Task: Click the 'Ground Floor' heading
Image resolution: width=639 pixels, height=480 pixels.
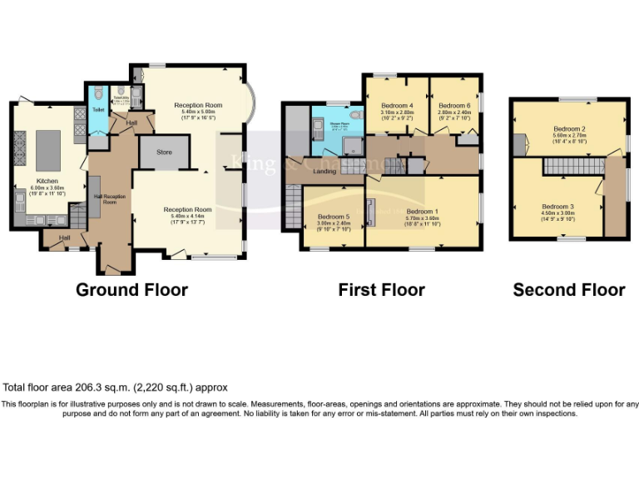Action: [x=131, y=290]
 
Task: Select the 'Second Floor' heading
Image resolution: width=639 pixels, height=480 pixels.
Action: [x=568, y=290]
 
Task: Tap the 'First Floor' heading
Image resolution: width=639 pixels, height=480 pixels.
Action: [x=381, y=290]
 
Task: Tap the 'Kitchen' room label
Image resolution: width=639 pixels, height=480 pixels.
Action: [x=47, y=180]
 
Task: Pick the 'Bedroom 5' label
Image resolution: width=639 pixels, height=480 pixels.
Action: [x=334, y=217]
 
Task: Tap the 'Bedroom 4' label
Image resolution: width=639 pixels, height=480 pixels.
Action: [x=397, y=106]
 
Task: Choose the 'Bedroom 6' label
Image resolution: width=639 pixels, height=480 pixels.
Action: [x=454, y=106]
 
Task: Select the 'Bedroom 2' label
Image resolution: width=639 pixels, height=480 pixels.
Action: [x=569, y=129]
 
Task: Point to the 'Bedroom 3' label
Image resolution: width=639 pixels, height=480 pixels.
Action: [x=557, y=206]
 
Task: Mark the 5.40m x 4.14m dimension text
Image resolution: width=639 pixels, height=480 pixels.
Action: [x=187, y=216]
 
